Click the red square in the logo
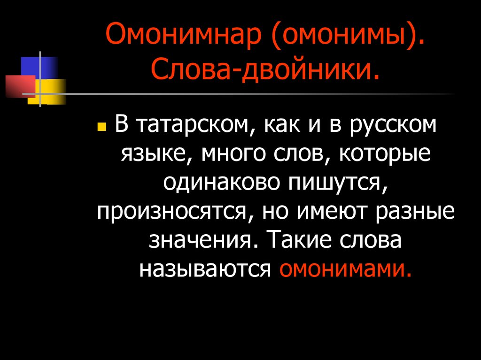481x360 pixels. click(x=21, y=85)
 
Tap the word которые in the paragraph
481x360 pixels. click(x=375, y=155)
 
